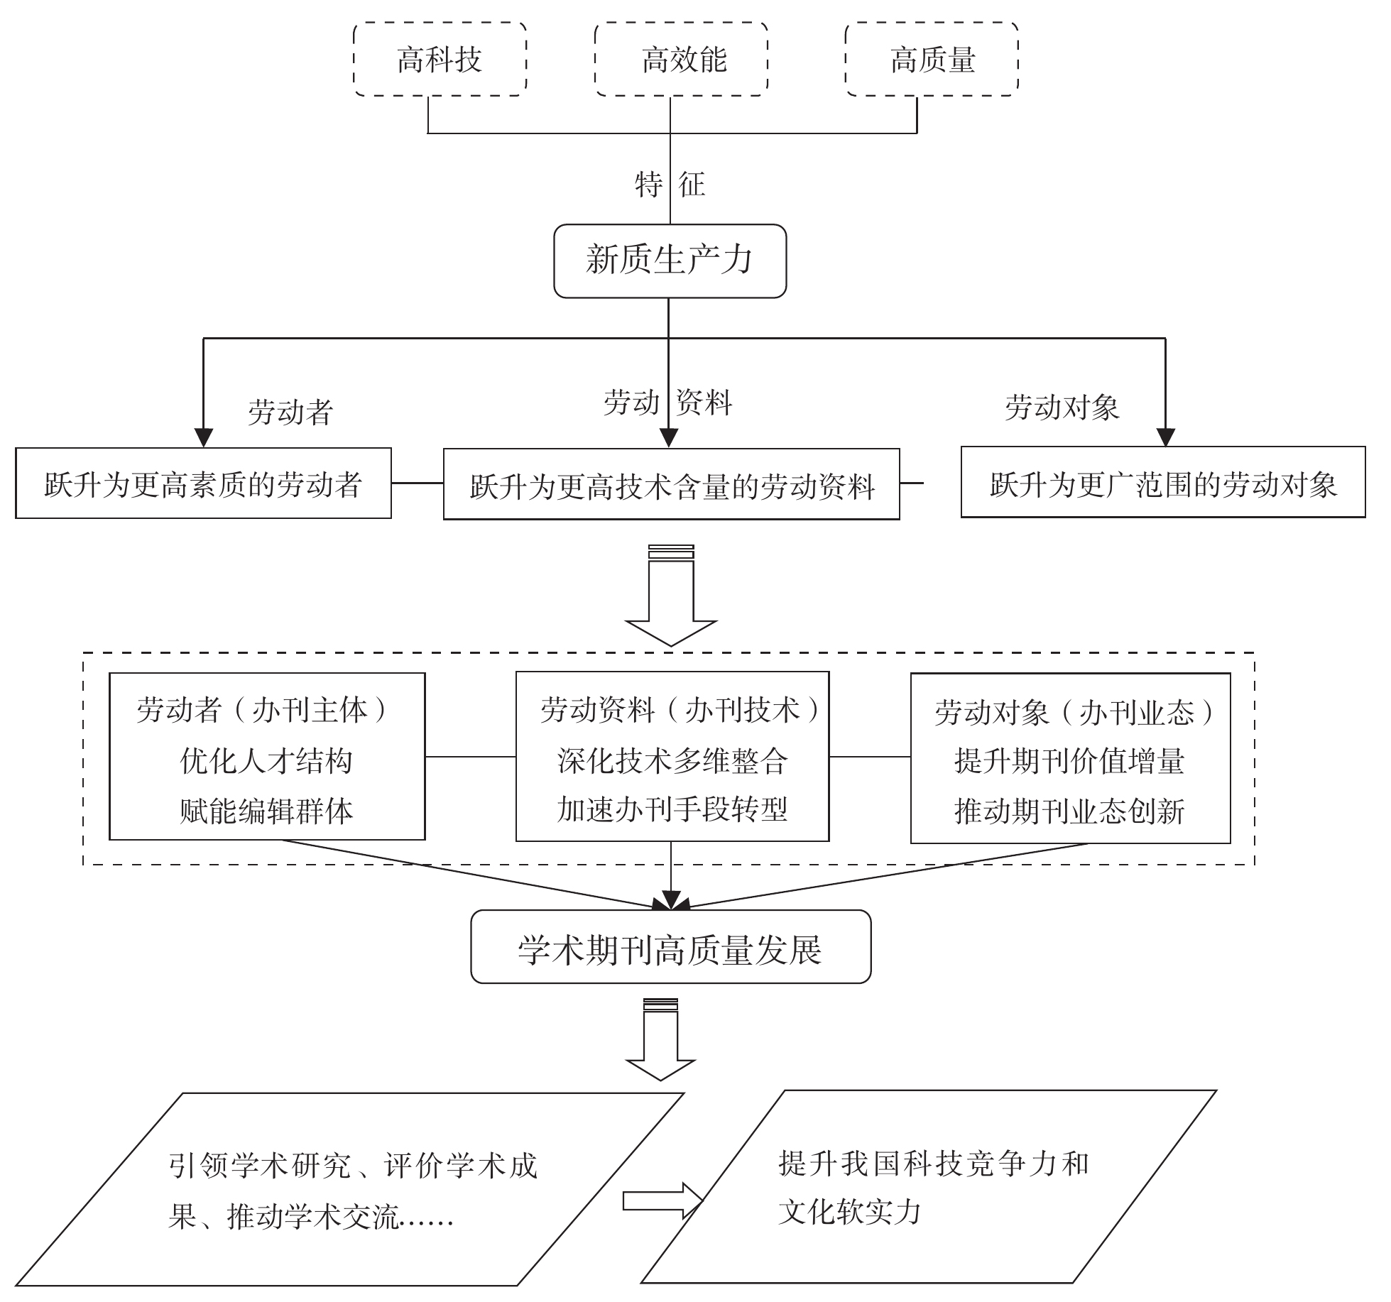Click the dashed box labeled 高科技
coord(440,59)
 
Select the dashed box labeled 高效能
coord(682,59)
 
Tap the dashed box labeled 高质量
coord(932,59)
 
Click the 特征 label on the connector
coord(670,185)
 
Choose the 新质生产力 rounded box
coord(670,261)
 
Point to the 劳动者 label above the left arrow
coord(290,412)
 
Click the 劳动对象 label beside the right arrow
coord(1062,407)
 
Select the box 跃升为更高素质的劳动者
coord(203,483)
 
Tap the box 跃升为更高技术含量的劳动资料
coord(671,485)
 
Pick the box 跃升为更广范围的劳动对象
coord(1162,483)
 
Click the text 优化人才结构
coord(266,760)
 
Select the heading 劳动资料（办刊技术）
coord(680,710)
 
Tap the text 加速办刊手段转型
coord(672,809)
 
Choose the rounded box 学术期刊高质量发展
coord(670,947)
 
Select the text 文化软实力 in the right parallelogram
coord(849,1212)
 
